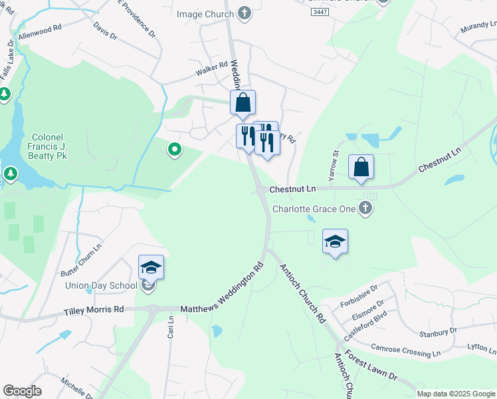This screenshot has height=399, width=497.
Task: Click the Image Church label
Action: (x=205, y=14)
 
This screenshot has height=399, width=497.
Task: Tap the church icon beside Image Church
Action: (x=245, y=13)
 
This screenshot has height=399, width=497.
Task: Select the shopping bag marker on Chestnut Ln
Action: (x=361, y=168)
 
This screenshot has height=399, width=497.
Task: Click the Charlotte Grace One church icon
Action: (x=364, y=209)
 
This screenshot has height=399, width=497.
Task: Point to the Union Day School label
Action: (x=101, y=286)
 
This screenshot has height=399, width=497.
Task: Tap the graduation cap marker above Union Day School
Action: (x=151, y=267)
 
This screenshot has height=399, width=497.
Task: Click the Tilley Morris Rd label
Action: (x=94, y=310)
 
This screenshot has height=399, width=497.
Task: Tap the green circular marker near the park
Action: (x=174, y=150)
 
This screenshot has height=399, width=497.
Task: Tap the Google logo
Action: (x=22, y=391)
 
